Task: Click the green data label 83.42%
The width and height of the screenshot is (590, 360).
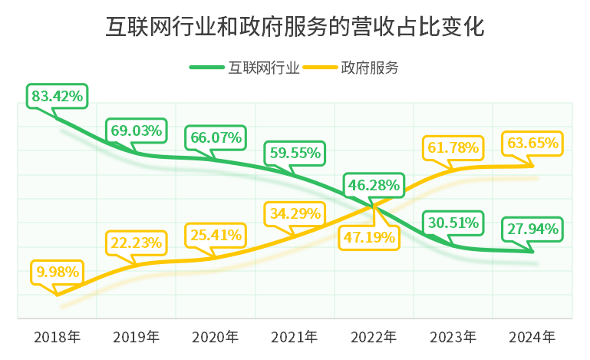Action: click(x=58, y=97)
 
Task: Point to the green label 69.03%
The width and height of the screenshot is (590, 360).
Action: click(x=137, y=130)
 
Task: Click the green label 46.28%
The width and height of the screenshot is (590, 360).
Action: click(x=374, y=185)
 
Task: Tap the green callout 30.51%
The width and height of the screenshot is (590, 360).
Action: click(x=453, y=223)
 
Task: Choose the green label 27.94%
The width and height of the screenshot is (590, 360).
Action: click(x=532, y=228)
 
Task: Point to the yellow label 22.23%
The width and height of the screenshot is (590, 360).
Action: click(x=137, y=243)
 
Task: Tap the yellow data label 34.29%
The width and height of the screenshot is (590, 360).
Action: click(x=295, y=213)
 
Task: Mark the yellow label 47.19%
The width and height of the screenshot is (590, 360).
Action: click(x=370, y=237)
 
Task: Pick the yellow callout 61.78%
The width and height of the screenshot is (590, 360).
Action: click(x=453, y=145)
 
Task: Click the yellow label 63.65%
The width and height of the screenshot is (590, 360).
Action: click(x=532, y=143)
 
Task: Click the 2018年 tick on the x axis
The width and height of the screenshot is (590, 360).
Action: click(x=58, y=337)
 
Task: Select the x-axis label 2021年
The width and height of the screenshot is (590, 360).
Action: click(x=295, y=337)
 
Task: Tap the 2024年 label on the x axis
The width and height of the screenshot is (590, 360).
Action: click(x=532, y=337)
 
